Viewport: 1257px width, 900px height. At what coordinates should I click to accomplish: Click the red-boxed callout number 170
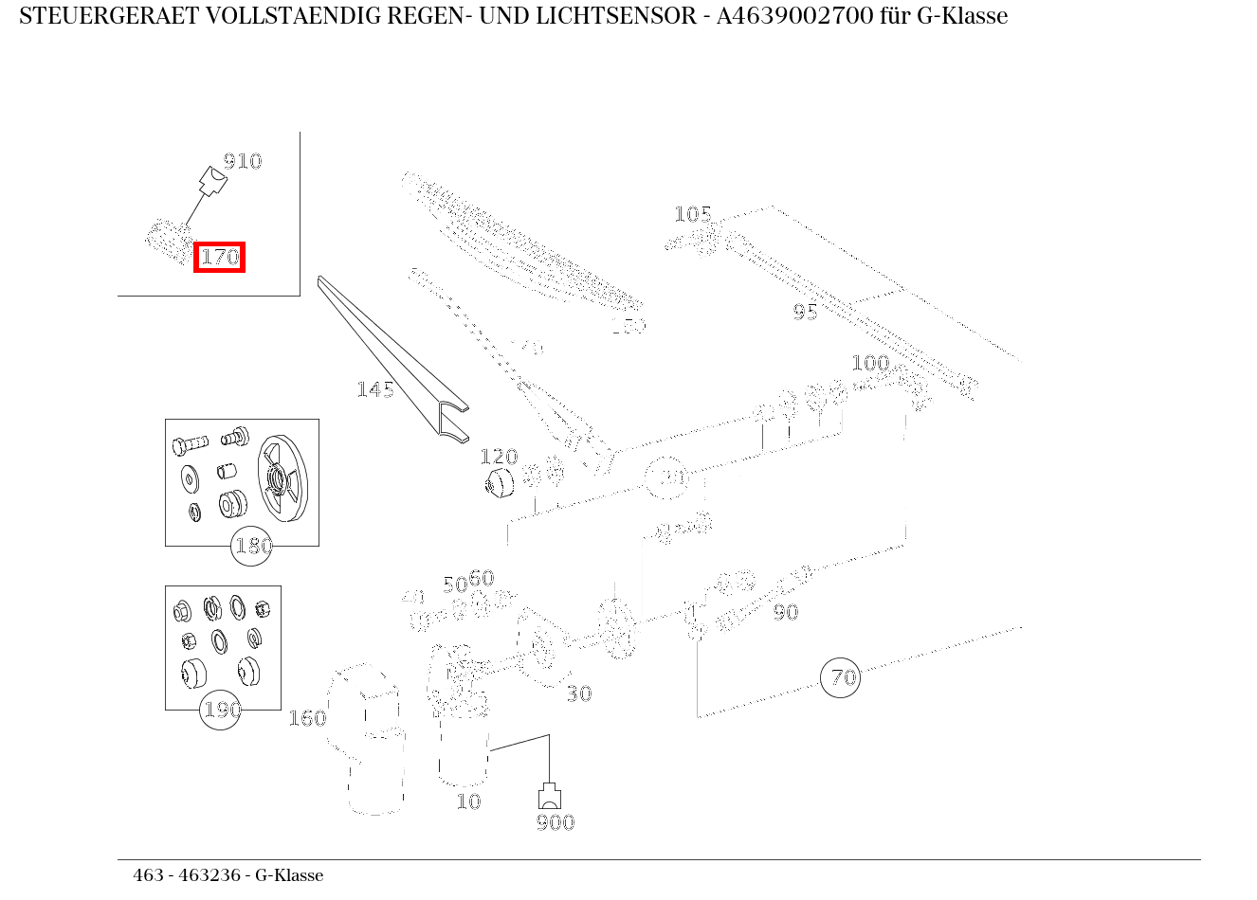click(220, 257)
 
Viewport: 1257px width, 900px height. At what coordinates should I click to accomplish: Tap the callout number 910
click(242, 161)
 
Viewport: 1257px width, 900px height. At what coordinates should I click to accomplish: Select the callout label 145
click(374, 389)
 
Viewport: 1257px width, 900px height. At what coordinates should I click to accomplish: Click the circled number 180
click(252, 547)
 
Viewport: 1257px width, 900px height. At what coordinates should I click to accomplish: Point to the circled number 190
click(221, 710)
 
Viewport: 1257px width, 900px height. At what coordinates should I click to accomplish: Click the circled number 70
click(840, 677)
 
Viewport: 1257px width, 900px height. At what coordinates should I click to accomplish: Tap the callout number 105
click(692, 214)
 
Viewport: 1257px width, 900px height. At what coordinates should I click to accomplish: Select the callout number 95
click(805, 312)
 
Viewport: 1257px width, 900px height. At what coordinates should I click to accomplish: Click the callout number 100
click(869, 363)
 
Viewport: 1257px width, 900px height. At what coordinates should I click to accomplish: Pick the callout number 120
click(499, 458)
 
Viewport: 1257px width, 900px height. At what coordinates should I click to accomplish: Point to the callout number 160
click(307, 718)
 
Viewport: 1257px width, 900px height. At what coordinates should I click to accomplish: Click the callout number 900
click(555, 822)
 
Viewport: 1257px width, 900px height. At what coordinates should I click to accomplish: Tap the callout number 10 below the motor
click(468, 801)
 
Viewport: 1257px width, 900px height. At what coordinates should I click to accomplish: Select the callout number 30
click(578, 694)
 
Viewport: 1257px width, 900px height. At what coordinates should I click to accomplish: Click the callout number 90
click(785, 613)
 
